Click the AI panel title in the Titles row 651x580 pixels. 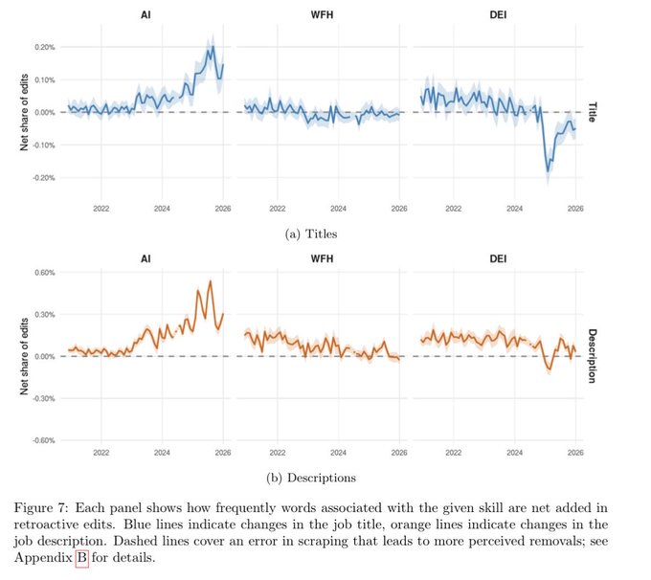146,15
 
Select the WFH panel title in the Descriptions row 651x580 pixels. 323,259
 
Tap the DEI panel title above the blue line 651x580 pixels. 498,15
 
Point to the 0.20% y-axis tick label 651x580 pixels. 44,47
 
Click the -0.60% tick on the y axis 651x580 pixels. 44,440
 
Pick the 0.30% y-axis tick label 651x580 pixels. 44,315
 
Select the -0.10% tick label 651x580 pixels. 44,145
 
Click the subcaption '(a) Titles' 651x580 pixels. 311,234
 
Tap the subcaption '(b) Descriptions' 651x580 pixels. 311,478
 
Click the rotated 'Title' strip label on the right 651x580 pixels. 592,112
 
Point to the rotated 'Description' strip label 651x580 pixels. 592,356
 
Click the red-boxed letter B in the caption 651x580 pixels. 82,557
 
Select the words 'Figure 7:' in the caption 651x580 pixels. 41,508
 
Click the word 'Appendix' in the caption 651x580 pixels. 43,558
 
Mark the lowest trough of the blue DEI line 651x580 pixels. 548,171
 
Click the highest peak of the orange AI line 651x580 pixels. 210,281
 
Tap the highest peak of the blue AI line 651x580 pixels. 213,46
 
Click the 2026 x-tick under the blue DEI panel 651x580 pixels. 575,209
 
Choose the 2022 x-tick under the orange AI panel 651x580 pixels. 101,452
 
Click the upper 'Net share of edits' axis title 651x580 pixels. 24,112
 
